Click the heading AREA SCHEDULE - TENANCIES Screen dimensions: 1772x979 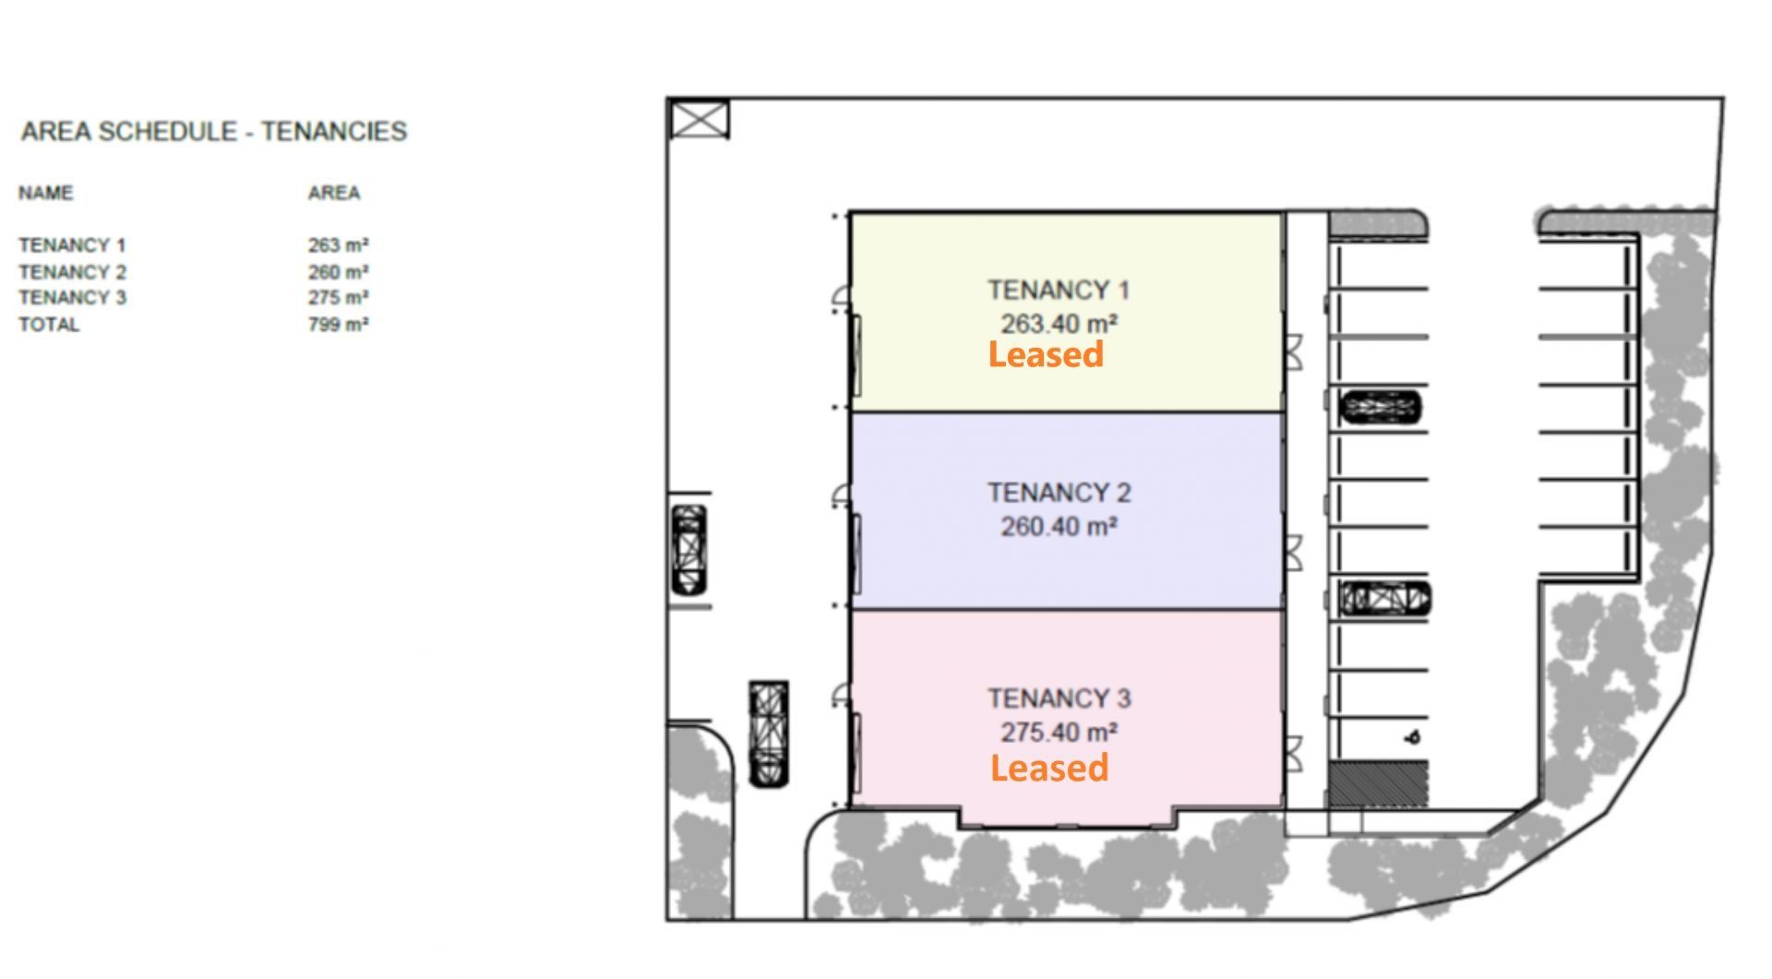[x=214, y=132]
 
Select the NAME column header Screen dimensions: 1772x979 [x=46, y=193]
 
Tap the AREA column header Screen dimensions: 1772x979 [x=334, y=193]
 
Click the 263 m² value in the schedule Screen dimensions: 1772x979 [x=339, y=245]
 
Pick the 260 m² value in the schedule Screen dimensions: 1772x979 [x=339, y=272]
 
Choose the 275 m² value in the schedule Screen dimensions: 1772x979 [x=339, y=297]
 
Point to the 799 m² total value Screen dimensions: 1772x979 [x=339, y=325]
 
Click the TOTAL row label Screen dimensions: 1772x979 [x=49, y=325]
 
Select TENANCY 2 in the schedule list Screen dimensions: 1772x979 [x=73, y=272]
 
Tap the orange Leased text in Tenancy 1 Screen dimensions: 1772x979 [x=1046, y=354]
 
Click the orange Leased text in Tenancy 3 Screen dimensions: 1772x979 [x=1049, y=768]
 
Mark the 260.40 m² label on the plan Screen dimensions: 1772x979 [x=1060, y=527]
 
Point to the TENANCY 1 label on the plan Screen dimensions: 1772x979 [x=1059, y=291]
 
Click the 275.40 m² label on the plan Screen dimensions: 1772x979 [x=1060, y=733]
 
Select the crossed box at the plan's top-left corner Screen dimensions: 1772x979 [x=699, y=119]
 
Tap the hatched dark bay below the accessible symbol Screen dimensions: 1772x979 [x=1379, y=784]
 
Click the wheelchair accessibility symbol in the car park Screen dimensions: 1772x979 [x=1412, y=737]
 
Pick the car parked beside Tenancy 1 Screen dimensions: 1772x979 [x=1381, y=407]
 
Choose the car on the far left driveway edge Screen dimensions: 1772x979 [x=688, y=550]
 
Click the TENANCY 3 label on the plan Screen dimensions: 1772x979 [x=1060, y=698]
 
